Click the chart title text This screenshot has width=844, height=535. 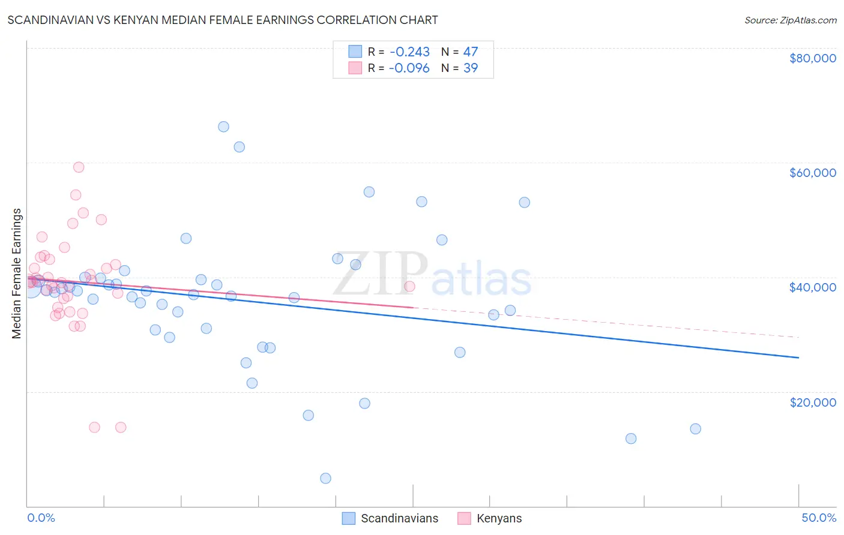223,20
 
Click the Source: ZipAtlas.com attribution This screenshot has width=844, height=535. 790,20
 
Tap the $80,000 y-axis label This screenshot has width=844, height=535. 812,58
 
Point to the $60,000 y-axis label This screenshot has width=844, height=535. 812,173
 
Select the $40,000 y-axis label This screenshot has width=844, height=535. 812,287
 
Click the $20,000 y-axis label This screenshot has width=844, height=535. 812,402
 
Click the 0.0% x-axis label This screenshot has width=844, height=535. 41,518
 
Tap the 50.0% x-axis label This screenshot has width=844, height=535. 818,518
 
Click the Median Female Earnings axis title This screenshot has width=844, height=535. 17,273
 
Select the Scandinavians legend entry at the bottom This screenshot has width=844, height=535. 399,518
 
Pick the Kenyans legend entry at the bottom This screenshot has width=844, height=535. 499,518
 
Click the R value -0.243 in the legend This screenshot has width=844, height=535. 409,52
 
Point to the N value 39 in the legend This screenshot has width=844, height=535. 471,68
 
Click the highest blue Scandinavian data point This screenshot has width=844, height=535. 223,127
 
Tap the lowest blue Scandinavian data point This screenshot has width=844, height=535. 325,478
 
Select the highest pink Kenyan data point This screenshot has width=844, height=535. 79,167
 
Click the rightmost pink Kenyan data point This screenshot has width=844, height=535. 409,286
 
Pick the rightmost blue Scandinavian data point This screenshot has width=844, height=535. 695,429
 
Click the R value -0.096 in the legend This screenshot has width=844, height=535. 409,68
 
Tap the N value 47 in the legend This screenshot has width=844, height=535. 471,52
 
